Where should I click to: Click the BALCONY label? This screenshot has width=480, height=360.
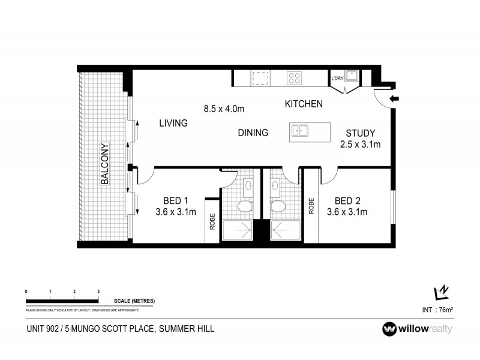pyautogui.click(x=104, y=163)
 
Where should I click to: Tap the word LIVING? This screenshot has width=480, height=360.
pyautogui.click(x=173, y=123)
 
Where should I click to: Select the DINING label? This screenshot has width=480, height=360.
pyautogui.click(x=253, y=133)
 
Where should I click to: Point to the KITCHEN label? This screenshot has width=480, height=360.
pyautogui.click(x=304, y=104)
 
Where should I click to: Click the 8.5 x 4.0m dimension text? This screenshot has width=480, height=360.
pyautogui.click(x=224, y=109)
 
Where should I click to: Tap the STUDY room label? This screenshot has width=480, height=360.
pyautogui.click(x=361, y=133)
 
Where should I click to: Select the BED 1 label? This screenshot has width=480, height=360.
pyautogui.click(x=176, y=201)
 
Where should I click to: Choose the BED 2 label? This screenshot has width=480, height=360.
pyautogui.click(x=347, y=201)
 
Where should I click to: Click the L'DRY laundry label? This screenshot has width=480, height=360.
pyautogui.click(x=337, y=78)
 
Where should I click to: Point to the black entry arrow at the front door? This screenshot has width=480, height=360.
pyautogui.click(x=394, y=99)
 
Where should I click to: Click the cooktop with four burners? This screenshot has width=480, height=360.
pyautogui.click(x=294, y=78)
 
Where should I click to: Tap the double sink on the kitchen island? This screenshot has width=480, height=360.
pyautogui.click(x=301, y=131)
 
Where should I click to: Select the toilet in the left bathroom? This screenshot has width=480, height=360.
pyautogui.click(x=244, y=208)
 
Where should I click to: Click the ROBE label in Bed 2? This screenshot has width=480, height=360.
pyautogui.click(x=311, y=206)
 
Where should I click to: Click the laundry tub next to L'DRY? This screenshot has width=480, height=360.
pyautogui.click(x=354, y=76)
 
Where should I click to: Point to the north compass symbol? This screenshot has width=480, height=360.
pyautogui.click(x=441, y=292)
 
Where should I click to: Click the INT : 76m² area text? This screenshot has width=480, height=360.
pyautogui.click(x=437, y=310)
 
